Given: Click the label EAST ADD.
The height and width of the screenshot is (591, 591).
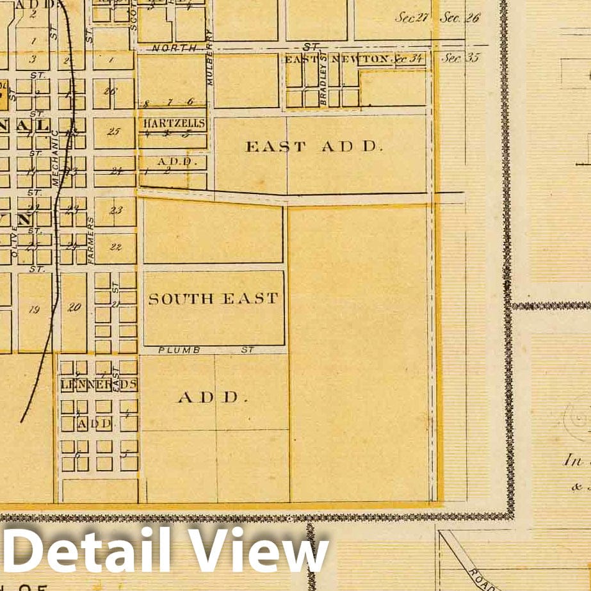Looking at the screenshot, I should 314,146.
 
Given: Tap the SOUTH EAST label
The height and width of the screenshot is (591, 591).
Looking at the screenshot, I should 213,298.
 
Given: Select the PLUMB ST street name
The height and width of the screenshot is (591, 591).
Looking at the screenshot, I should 206,350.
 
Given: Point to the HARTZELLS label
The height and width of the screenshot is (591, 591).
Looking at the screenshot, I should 174,123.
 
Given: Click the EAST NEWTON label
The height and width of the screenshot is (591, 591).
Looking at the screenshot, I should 337,59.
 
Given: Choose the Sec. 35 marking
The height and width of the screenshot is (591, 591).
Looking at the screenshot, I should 460,58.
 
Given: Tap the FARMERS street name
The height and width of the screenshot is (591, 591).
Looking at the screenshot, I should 90,241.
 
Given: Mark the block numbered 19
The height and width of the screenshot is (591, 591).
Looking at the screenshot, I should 35,309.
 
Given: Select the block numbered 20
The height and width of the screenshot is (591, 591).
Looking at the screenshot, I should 74,307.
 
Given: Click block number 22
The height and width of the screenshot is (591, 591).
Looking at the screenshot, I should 115,246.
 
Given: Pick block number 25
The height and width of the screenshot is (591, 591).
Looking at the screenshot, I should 114,132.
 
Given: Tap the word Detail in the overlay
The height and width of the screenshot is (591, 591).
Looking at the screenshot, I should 90,549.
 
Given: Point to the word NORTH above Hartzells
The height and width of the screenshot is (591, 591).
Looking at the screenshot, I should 168,48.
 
